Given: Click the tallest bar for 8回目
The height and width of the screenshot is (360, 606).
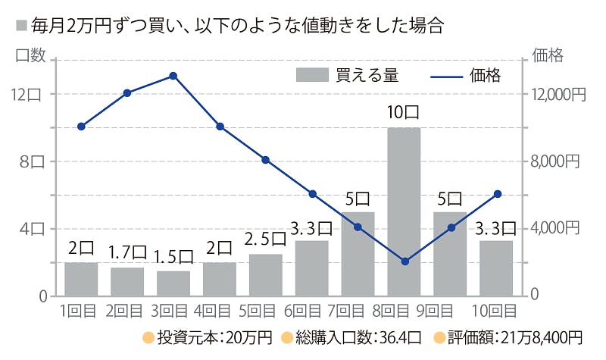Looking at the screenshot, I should pyautogui.click(x=404, y=212).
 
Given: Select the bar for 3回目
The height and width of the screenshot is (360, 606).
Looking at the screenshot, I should pyautogui.click(x=173, y=283).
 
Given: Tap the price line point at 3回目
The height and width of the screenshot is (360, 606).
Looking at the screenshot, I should pyautogui.click(x=173, y=76).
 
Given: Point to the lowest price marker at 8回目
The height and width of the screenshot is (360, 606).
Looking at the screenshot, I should pyautogui.click(x=405, y=261).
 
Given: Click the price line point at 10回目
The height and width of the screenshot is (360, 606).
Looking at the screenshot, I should pyautogui.click(x=498, y=194).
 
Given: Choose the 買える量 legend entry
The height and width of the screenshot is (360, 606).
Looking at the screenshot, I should pyautogui.click(x=347, y=75).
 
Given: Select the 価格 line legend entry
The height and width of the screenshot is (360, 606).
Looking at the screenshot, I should pyautogui.click(x=465, y=75).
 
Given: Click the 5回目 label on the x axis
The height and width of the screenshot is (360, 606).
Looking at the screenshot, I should pyautogui.click(x=265, y=311).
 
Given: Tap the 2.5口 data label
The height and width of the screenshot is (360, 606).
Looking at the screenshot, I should pyautogui.click(x=265, y=238).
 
